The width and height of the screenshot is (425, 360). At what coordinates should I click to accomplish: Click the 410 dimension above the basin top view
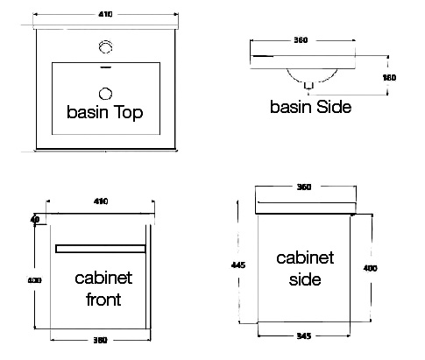coord(105,14)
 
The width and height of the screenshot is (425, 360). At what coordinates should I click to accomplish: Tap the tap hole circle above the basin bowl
coord(105,46)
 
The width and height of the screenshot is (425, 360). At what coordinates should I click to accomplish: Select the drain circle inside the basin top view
coord(105,94)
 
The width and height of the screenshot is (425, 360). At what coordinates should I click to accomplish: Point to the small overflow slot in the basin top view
coord(106,67)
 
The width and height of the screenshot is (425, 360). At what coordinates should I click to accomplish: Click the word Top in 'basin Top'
coord(128,112)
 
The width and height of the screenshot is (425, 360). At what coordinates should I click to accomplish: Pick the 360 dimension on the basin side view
coord(301,39)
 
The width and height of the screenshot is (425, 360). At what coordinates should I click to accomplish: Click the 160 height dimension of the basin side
coord(389,77)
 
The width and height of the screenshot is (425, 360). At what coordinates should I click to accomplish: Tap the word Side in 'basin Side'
coord(334,107)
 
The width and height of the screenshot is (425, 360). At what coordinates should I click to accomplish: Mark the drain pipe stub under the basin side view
coord(308,86)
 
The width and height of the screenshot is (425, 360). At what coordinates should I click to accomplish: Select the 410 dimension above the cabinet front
coord(101,201)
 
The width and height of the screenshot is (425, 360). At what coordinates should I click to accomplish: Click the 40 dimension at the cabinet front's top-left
coord(35,219)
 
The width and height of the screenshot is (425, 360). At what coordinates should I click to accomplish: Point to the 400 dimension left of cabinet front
coord(34,280)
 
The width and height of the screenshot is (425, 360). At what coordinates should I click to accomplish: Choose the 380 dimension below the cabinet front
coord(100,340)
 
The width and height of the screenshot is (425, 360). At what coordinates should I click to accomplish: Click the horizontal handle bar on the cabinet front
coord(101,249)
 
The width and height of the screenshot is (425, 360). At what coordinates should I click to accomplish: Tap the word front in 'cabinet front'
coord(103,300)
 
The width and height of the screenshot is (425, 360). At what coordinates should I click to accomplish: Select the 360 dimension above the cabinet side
coord(304,187)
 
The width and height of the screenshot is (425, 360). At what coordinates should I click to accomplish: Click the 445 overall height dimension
coord(238,265)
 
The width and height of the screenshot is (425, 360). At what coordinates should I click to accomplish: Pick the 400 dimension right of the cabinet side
coord(370,268)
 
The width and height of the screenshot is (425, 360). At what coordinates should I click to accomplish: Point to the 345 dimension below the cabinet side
coord(304,335)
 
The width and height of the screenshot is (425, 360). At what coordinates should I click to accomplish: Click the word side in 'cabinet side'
coord(305,279)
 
